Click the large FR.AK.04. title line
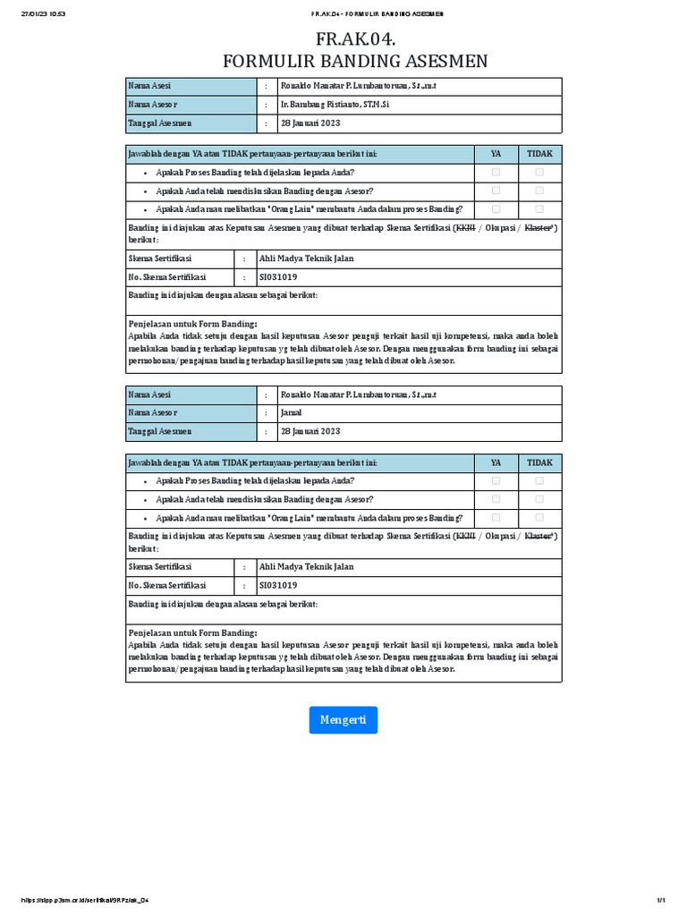tap(355, 39)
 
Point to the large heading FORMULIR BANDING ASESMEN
tap(355, 61)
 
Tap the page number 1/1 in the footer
tap(662, 899)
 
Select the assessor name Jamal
tap(291, 412)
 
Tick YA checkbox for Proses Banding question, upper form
tap(496, 172)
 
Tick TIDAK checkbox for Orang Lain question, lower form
tap(539, 518)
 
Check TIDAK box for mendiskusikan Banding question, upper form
tap(539, 191)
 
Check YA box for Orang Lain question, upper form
tap(496, 209)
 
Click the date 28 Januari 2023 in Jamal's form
tap(310, 431)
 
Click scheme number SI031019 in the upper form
tap(277, 277)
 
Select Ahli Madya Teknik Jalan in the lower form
tap(306, 566)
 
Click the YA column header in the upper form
tap(496, 154)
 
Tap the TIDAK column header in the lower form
tap(539, 462)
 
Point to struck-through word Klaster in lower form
tap(539, 536)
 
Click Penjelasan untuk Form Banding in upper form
tap(193, 324)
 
